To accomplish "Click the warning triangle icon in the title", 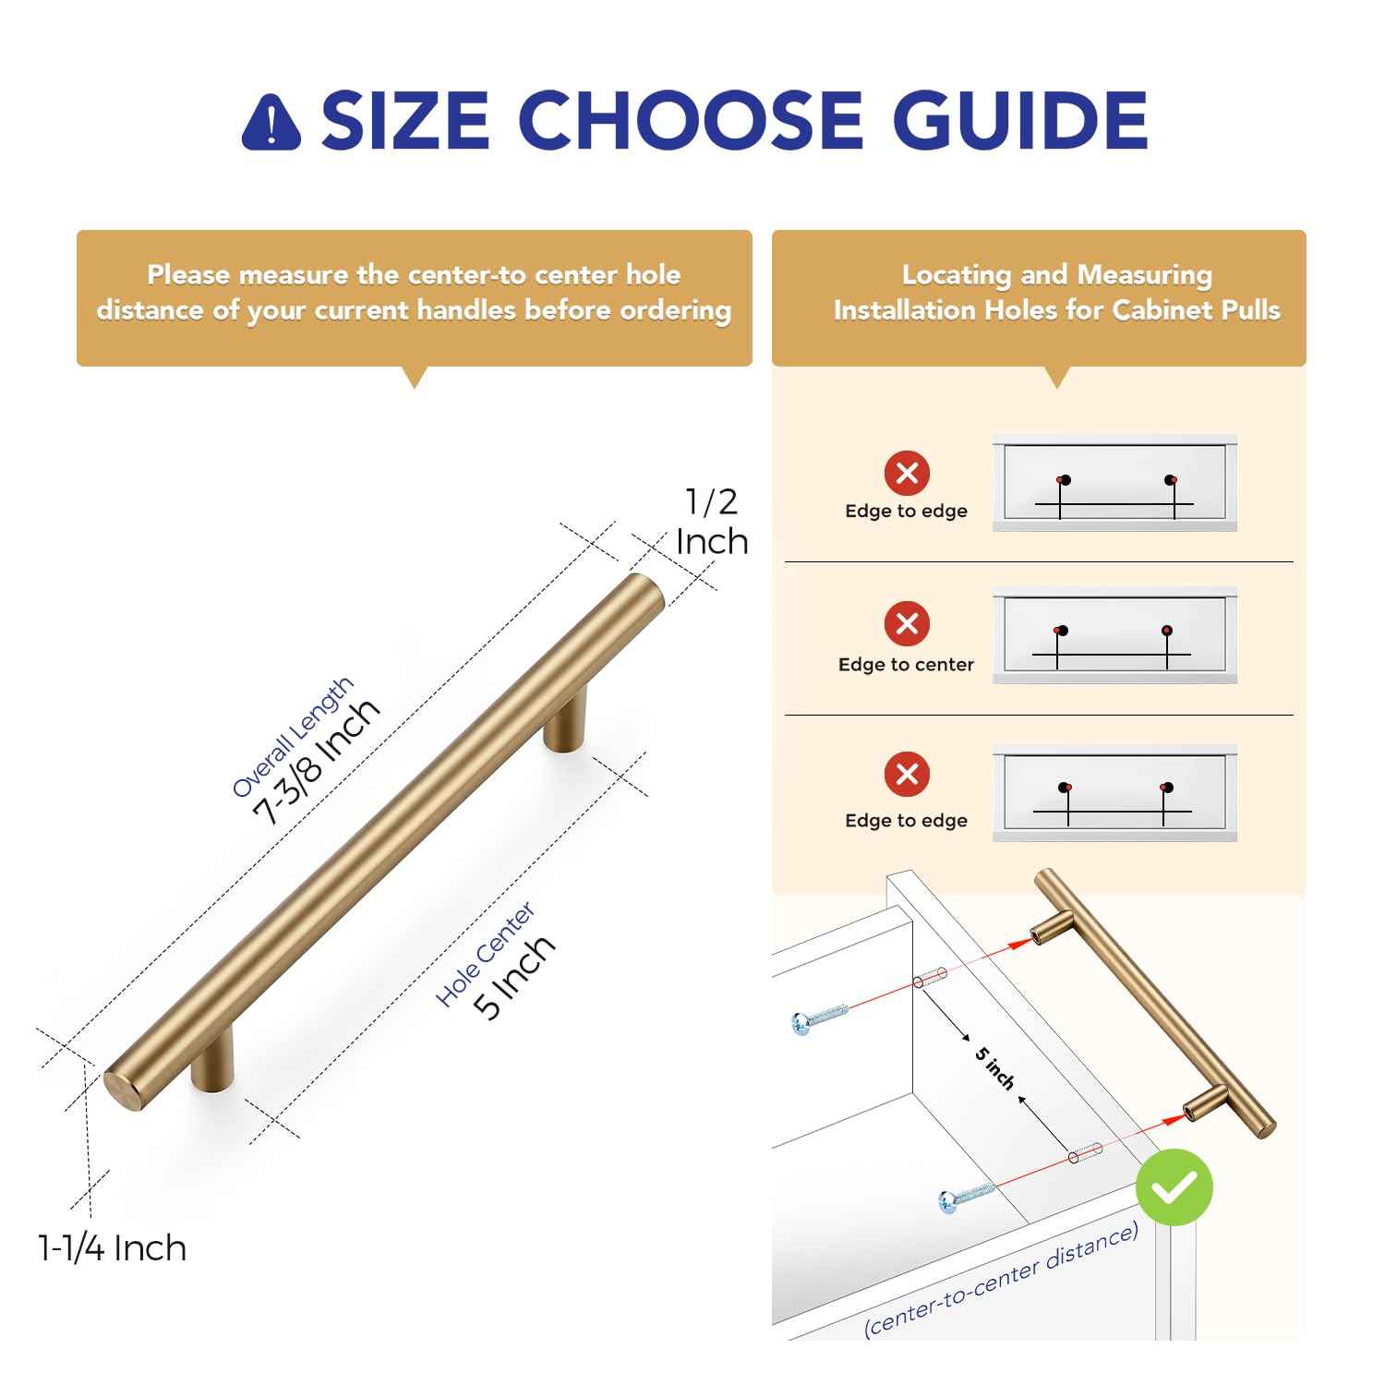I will click(271, 122).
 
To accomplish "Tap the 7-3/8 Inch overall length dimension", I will click(316, 760).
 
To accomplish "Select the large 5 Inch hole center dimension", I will click(515, 977).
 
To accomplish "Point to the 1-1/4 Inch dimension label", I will click(112, 1248).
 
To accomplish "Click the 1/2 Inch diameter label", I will click(711, 522).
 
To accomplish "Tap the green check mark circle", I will click(1174, 1187).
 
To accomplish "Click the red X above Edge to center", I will click(907, 623).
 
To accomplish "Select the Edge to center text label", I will click(906, 665).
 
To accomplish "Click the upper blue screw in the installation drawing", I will click(819, 1018).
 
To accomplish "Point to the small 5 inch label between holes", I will click(994, 1068).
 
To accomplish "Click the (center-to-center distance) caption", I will click(1001, 1281).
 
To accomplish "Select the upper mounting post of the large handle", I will click(565, 722).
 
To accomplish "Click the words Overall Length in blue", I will click(292, 737).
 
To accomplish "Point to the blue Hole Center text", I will click(486, 955).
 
